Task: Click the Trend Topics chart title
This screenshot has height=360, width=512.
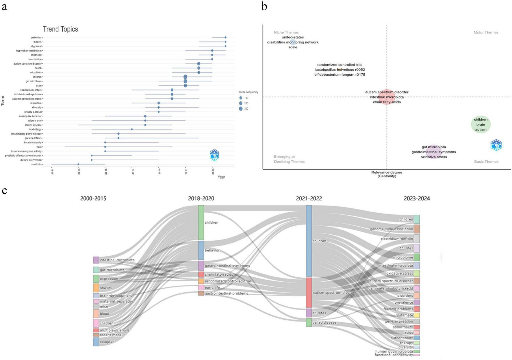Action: [x=60, y=29]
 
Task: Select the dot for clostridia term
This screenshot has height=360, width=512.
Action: [x=78, y=164]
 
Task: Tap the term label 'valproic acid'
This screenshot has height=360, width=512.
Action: [x=35, y=120]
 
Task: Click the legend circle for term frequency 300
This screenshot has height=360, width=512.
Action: [x=241, y=109]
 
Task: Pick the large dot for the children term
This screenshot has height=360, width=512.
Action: [x=185, y=77]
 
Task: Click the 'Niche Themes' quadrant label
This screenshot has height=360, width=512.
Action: [x=286, y=32]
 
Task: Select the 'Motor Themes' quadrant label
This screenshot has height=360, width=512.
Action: [x=486, y=32]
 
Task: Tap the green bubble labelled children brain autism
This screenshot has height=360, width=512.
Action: [x=481, y=125]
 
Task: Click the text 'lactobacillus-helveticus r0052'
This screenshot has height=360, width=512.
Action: [x=340, y=70]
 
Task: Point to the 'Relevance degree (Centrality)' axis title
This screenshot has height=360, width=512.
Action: [x=387, y=174]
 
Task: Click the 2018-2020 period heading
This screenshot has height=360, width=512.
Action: [x=201, y=198]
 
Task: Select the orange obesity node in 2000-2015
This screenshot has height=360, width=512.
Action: [x=96, y=288]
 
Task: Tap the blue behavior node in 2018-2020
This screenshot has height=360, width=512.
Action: [x=201, y=250]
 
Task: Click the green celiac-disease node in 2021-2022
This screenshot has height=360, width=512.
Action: [x=309, y=322]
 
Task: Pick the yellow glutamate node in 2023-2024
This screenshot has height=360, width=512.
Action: [x=417, y=315]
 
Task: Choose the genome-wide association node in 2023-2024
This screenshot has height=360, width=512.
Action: [x=417, y=229]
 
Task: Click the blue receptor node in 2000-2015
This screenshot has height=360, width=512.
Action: [x=96, y=342]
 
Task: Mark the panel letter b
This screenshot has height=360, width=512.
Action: [x=264, y=6]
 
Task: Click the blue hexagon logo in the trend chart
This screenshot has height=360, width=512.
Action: [x=214, y=155]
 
